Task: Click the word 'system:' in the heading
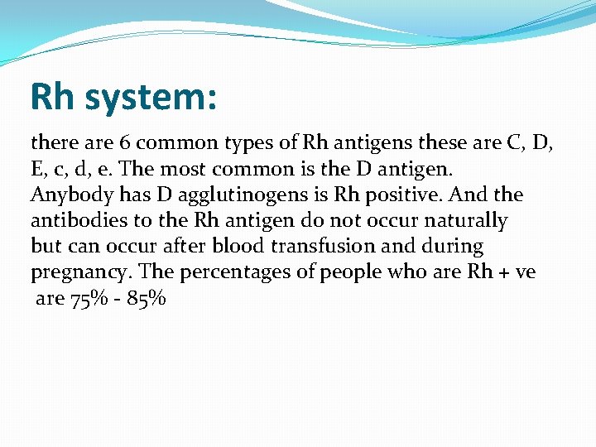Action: click(151, 97)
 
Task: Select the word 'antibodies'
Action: click(74, 221)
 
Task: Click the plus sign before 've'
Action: click(503, 273)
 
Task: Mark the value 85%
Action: click(147, 298)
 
